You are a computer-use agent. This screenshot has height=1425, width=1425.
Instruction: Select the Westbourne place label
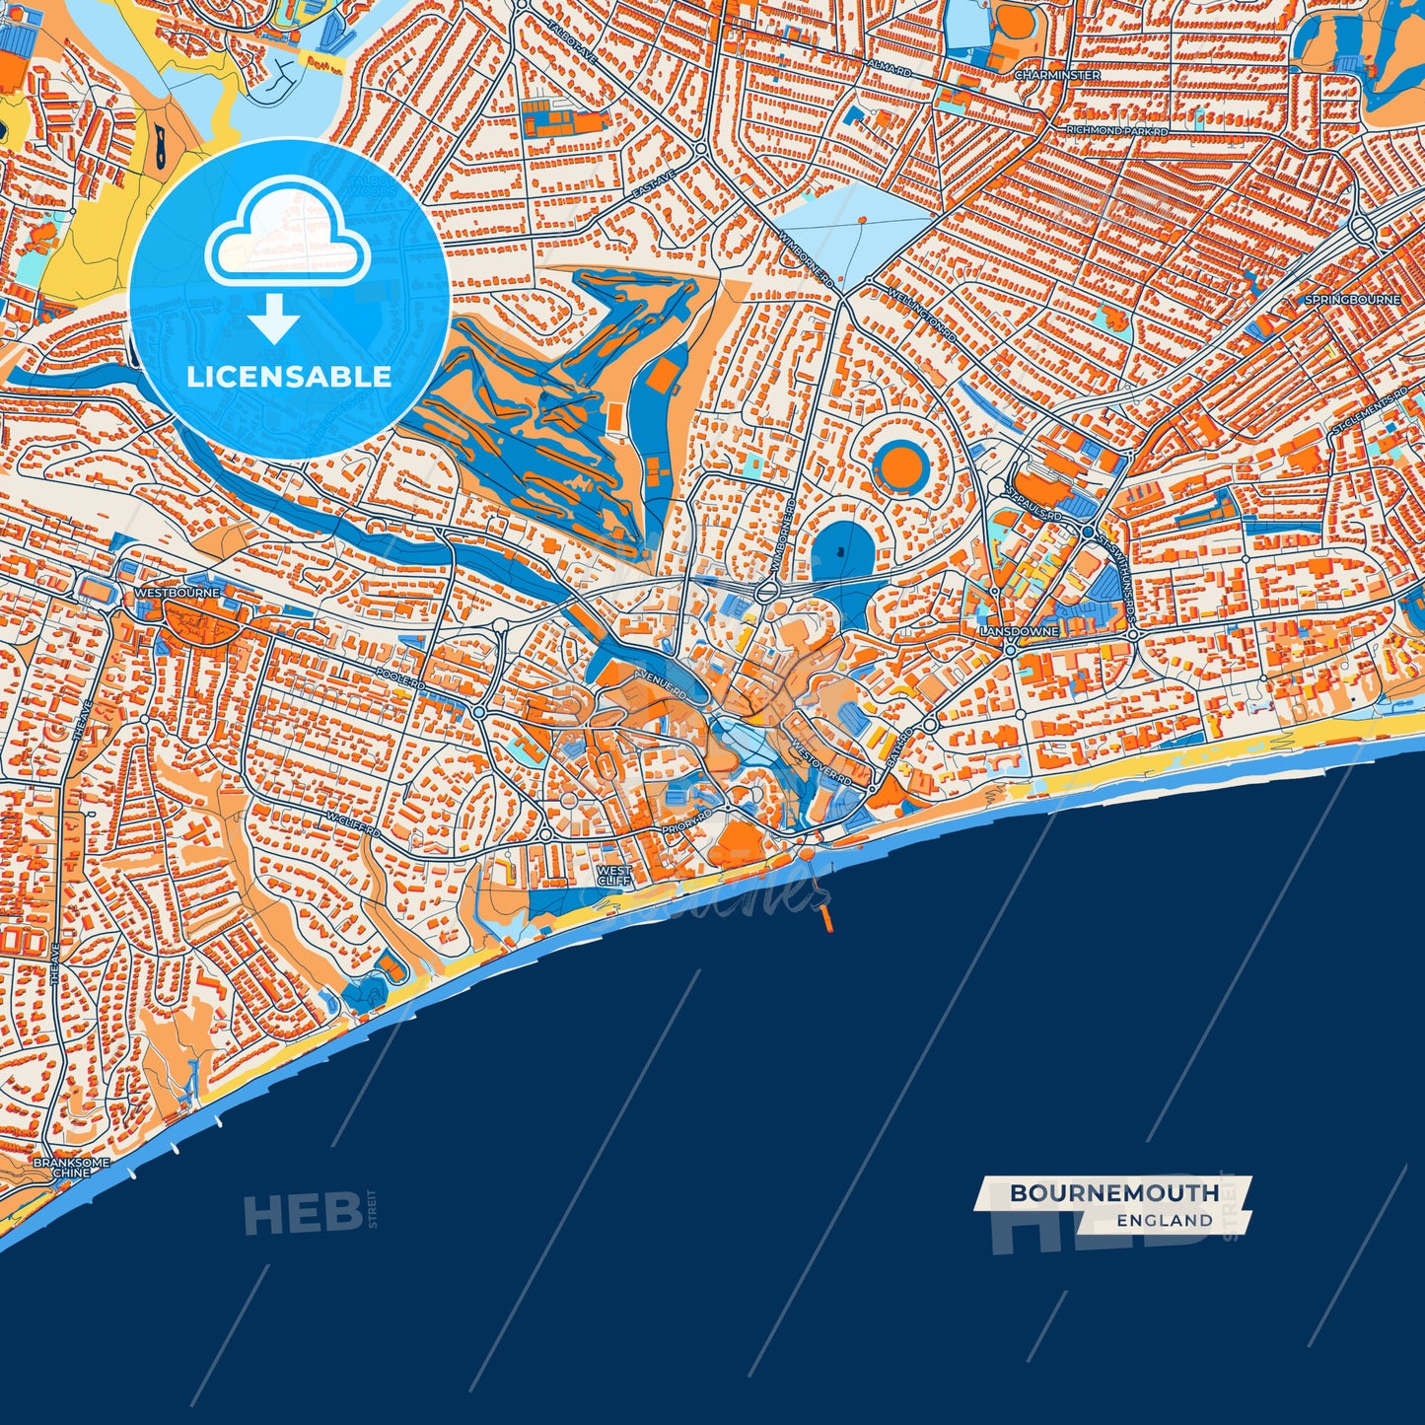(177, 593)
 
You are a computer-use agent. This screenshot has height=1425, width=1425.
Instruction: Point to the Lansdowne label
(1019, 630)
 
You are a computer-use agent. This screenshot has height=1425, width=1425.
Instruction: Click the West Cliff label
(614, 875)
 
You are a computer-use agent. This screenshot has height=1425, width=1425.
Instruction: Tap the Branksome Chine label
(71, 1168)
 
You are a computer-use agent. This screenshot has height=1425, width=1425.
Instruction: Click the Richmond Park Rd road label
(1116, 130)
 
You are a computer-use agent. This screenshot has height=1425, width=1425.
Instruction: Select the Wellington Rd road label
(923, 315)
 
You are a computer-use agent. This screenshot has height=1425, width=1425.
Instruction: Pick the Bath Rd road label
(899, 748)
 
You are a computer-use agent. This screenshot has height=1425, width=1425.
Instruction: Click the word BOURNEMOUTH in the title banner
(1113, 1193)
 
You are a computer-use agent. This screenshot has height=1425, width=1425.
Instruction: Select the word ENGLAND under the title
(1165, 1221)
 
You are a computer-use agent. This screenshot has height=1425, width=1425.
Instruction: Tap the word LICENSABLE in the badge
(289, 377)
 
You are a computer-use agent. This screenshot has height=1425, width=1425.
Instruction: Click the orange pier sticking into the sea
(826, 918)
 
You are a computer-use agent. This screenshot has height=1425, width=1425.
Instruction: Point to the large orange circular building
(898, 467)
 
